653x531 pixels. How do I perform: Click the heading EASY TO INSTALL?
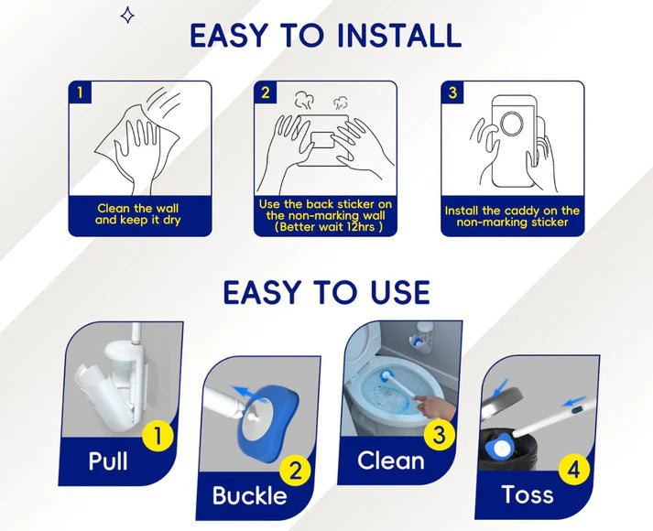click(325, 35)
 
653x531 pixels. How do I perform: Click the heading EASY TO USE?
click(326, 292)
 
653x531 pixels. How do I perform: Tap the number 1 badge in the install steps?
click(81, 92)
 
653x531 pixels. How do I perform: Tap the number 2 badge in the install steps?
click(266, 92)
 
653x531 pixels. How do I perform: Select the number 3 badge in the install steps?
click(452, 92)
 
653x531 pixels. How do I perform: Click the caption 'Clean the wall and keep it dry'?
click(140, 214)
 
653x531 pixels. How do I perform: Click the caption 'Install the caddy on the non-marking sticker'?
click(512, 216)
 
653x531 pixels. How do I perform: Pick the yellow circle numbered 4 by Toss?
click(573, 471)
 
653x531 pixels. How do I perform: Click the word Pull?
click(108, 461)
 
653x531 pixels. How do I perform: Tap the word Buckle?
click(249, 496)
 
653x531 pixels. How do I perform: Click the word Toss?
click(527, 495)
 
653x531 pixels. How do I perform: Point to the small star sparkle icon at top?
click(128, 15)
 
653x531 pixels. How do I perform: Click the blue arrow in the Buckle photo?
click(245, 392)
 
